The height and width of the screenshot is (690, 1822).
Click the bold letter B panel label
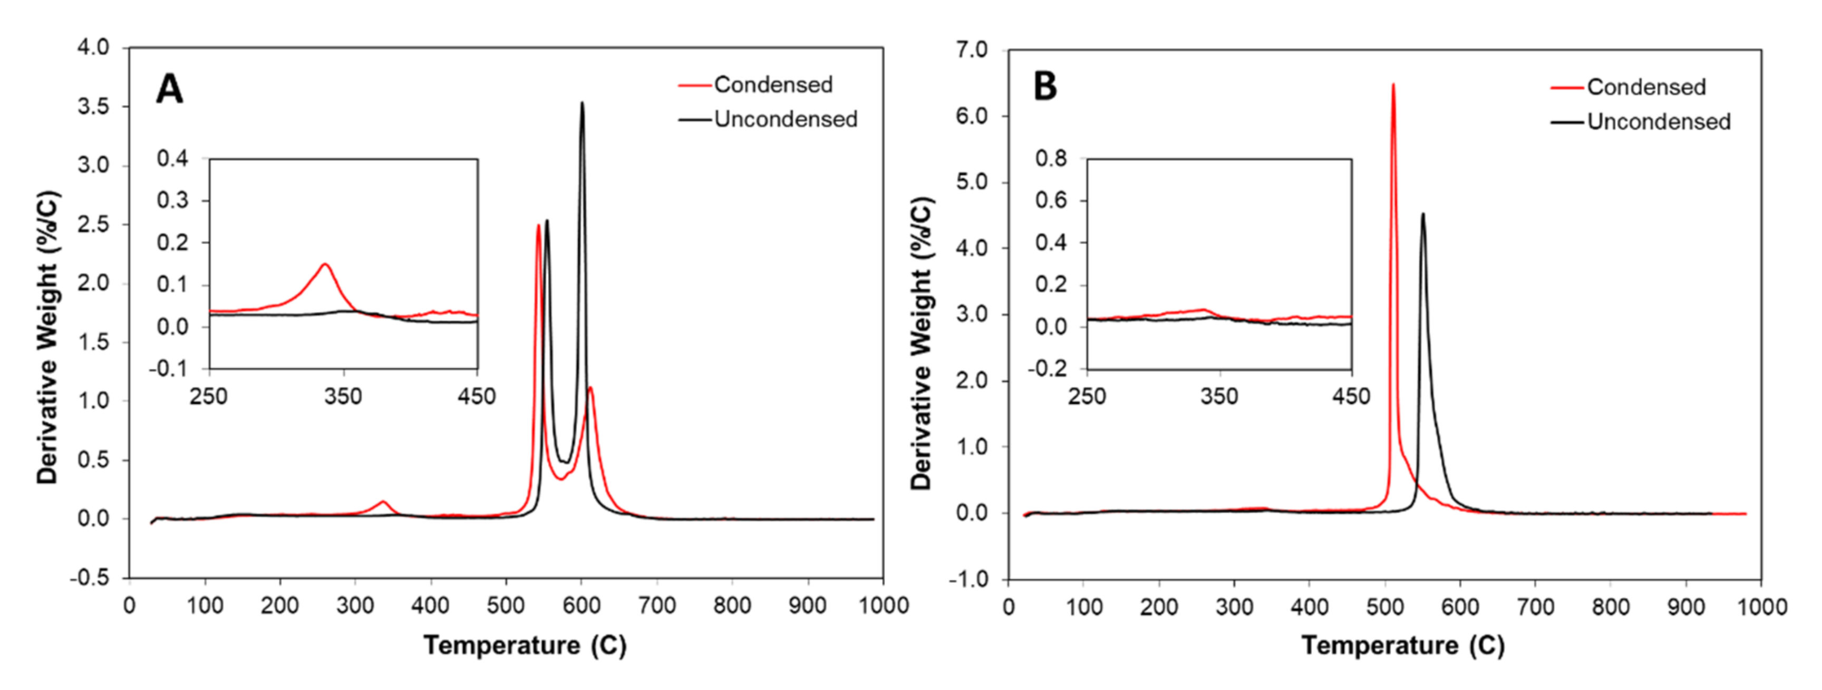[x=1045, y=87]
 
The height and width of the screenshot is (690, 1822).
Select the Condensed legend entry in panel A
[x=772, y=85]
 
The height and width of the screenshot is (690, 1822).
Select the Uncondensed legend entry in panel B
[x=1658, y=122]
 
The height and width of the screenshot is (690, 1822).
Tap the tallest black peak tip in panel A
[x=582, y=103]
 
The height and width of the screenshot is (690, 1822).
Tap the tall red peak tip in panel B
[x=1393, y=85]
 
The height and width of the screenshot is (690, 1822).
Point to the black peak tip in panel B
[x=1422, y=214]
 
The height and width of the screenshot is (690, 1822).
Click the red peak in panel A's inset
[x=325, y=265]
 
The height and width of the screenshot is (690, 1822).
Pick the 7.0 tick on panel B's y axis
[x=972, y=50]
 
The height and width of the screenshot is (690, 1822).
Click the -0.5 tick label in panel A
[x=90, y=578]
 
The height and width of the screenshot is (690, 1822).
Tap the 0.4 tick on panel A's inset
[x=172, y=159]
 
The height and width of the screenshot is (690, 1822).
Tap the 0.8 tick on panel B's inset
[x=1051, y=159]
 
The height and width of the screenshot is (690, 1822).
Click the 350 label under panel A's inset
[x=343, y=396]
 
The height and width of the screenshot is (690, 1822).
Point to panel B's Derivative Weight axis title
[x=922, y=343]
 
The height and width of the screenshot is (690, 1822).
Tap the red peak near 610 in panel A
[x=590, y=388]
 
